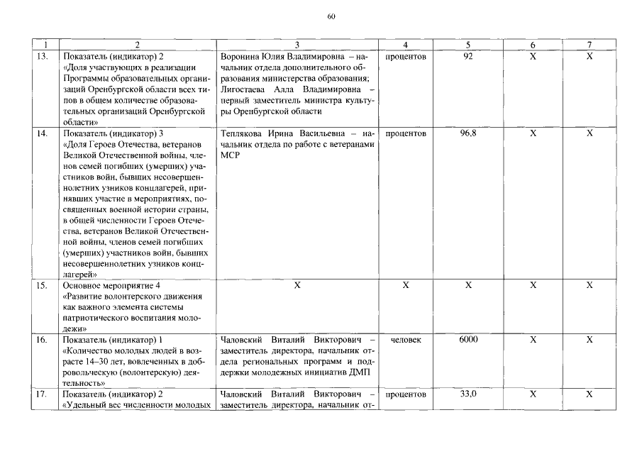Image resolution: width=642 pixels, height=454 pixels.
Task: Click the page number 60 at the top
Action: click(331, 17)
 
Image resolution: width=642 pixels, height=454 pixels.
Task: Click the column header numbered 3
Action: click(297, 45)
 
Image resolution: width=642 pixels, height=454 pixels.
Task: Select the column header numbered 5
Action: click(467, 45)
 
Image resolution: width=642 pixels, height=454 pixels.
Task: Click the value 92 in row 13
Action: click(467, 56)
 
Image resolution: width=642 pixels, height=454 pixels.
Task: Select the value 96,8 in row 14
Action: click(467, 133)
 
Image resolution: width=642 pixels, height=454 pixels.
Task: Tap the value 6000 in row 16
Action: click(467, 340)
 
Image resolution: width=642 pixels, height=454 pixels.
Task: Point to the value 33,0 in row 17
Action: click(467, 394)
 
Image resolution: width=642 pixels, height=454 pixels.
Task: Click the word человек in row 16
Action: click(405, 340)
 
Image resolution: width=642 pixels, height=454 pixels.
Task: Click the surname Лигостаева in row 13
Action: click(245, 90)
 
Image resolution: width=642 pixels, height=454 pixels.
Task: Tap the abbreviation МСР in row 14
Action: click(231, 155)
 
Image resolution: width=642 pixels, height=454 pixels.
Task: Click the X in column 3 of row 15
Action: click(297, 285)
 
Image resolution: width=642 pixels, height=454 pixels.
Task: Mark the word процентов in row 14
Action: click(405, 133)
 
